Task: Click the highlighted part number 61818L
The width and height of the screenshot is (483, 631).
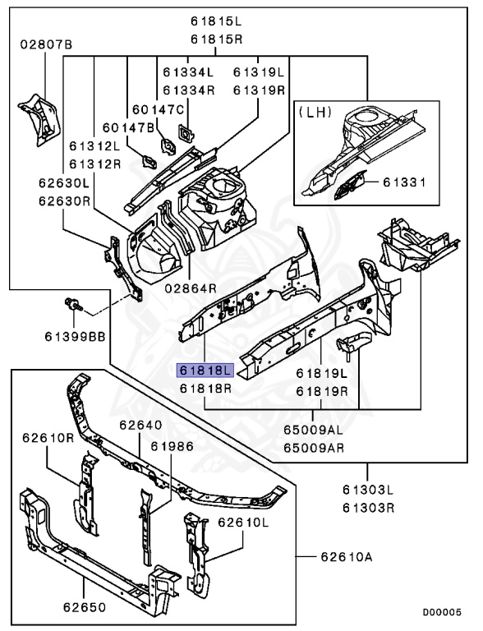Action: tap(205, 371)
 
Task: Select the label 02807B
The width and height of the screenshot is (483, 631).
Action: tap(46, 44)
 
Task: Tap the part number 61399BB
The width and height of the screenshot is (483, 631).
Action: tap(75, 336)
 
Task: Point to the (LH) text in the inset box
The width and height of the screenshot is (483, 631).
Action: tap(315, 112)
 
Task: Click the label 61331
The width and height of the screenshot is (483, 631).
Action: tap(404, 182)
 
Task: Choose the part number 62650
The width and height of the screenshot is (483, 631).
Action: tap(85, 607)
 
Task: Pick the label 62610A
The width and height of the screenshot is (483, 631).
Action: tap(347, 557)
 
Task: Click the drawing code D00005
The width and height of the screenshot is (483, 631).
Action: tap(442, 612)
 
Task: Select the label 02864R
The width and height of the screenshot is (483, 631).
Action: tap(191, 288)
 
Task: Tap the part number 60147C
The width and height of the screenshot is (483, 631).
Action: tap(159, 109)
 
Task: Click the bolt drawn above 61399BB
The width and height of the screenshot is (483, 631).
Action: tap(74, 304)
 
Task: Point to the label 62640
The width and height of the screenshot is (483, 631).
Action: tap(141, 425)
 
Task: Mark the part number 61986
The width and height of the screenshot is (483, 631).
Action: tap(172, 446)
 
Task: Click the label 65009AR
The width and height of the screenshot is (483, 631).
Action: tap(314, 448)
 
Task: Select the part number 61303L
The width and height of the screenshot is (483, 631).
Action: tap(368, 490)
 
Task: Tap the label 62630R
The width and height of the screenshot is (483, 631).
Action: tap(64, 200)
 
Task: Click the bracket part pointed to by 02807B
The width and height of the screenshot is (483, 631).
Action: tap(39, 119)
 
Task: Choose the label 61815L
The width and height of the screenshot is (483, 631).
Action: tap(217, 21)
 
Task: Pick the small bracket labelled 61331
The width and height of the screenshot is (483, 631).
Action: tap(349, 185)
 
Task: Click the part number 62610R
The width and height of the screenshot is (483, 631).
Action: tap(48, 437)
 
